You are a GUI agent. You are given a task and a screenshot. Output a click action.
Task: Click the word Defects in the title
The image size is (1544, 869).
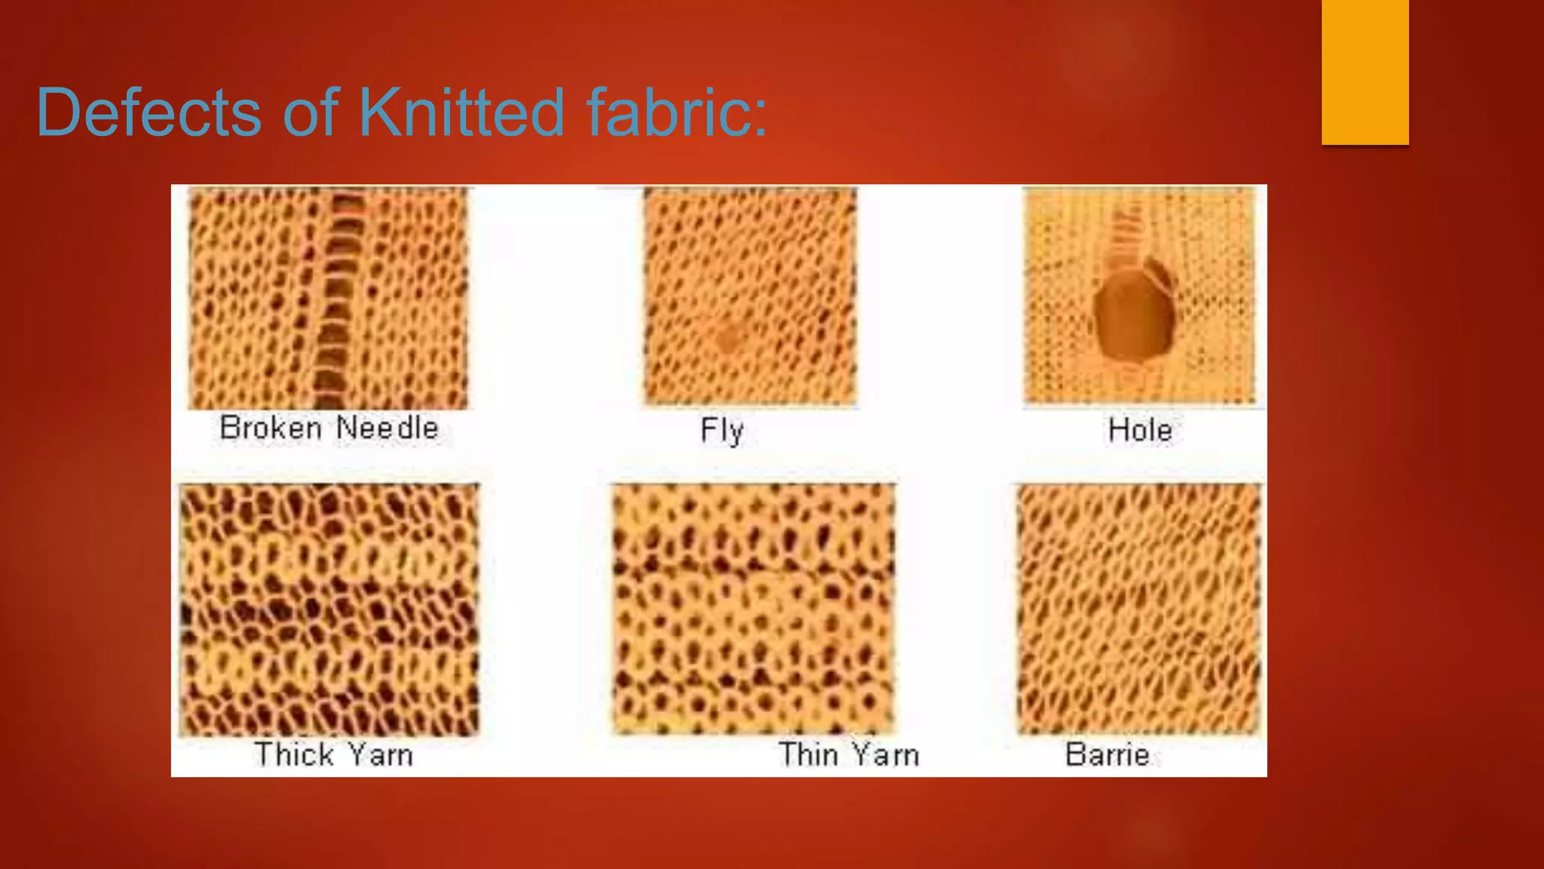coord(149,112)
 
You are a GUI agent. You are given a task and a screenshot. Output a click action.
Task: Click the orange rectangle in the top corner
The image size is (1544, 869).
coord(1365,72)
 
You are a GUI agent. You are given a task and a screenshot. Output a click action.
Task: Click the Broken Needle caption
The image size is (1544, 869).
coord(329,428)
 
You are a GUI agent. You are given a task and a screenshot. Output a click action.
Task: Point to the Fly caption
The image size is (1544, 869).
coord(721,431)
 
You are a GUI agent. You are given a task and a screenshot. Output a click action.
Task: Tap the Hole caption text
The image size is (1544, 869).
coord(1140,431)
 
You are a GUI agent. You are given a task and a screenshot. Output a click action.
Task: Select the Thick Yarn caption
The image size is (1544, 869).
coord(333,754)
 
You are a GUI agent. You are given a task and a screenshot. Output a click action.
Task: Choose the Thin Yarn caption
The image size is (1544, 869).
coord(848,754)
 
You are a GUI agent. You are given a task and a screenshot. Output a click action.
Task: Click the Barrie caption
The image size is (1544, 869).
coord(1107,754)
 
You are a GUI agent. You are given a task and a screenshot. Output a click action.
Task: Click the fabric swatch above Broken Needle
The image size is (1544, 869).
coord(328,298)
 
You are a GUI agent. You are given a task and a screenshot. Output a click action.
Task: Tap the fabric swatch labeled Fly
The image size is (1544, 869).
coord(750,296)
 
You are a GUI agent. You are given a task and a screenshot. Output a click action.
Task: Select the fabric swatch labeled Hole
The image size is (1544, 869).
coord(1138,296)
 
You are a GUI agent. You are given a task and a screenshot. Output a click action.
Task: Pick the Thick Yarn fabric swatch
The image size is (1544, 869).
coord(329,610)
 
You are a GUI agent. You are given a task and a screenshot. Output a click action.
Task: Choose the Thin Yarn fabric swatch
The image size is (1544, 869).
coord(753,609)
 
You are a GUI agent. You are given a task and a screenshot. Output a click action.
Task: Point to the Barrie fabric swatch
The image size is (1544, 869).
coord(1138,609)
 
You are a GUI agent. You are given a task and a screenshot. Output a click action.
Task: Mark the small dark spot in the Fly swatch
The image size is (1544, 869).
coord(728,337)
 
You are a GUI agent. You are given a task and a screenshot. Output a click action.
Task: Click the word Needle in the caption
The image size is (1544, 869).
coord(387,428)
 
